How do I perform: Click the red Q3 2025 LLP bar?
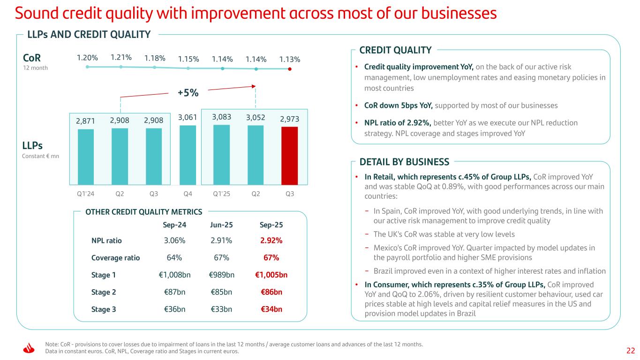tap(290, 156)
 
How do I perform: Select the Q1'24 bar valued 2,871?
tap(86, 157)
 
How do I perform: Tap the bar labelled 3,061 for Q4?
tap(188, 155)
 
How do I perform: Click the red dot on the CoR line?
tap(290, 69)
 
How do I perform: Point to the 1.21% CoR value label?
tap(121, 58)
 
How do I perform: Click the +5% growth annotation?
tap(188, 93)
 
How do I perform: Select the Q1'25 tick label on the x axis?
tap(221, 193)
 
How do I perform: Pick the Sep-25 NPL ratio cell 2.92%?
tap(271, 240)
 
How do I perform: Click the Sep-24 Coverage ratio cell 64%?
tap(174, 258)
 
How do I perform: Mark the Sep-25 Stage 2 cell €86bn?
tap(271, 292)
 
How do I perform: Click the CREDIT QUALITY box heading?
tap(395, 50)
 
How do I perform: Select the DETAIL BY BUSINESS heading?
tap(404, 162)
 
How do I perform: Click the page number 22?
tap(631, 351)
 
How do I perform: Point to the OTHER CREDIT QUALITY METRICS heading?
tap(143, 212)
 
